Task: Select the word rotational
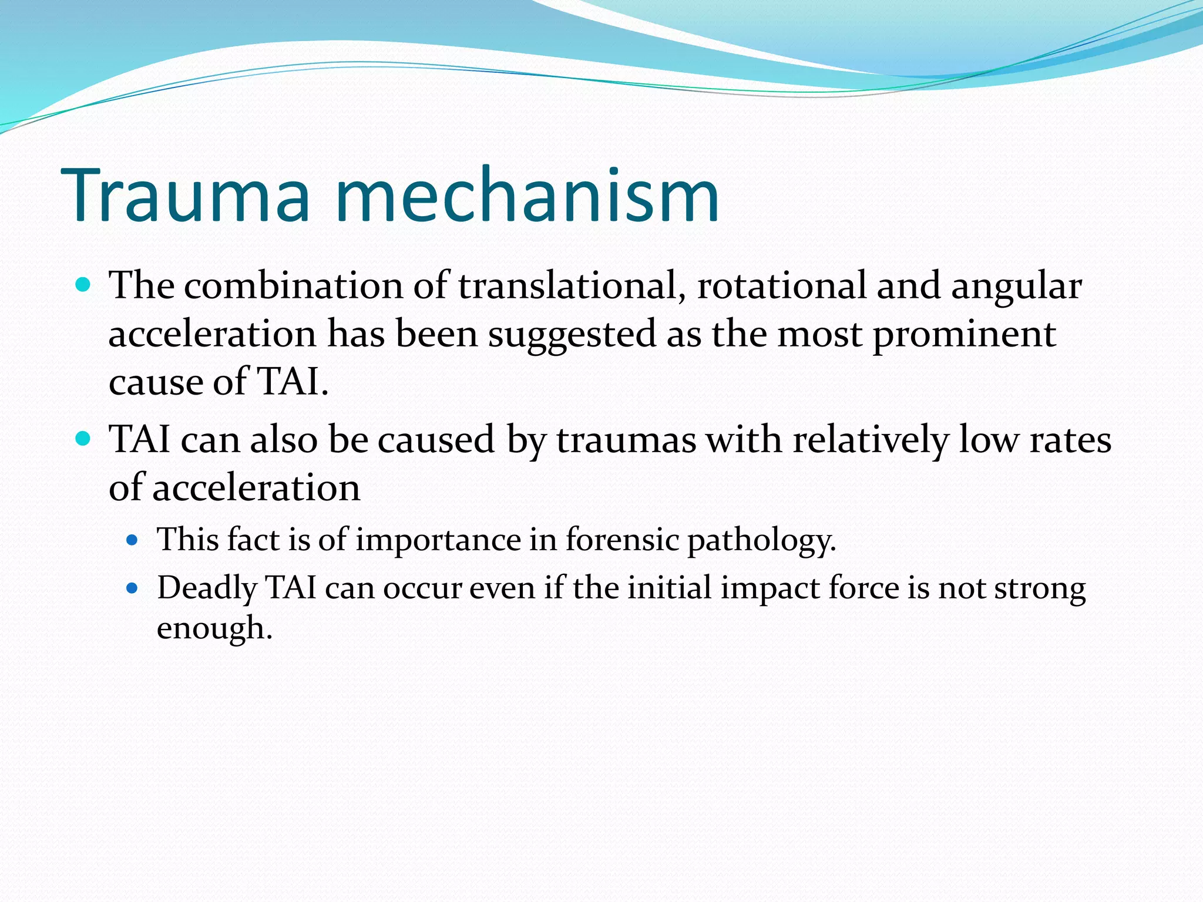tap(782, 286)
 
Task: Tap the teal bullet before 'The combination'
tap(83, 286)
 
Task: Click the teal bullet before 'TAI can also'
tap(83, 439)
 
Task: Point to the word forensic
tap(622, 539)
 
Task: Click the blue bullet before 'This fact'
tap(132, 540)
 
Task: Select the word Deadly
tap(207, 588)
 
